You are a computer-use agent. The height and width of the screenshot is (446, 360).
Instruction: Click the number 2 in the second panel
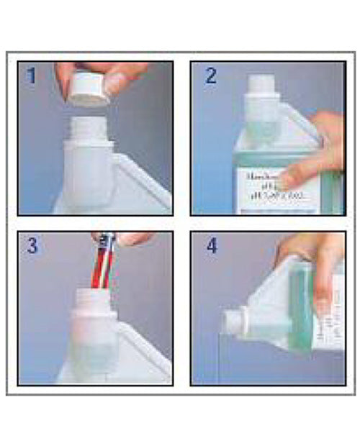click(x=210, y=76)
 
